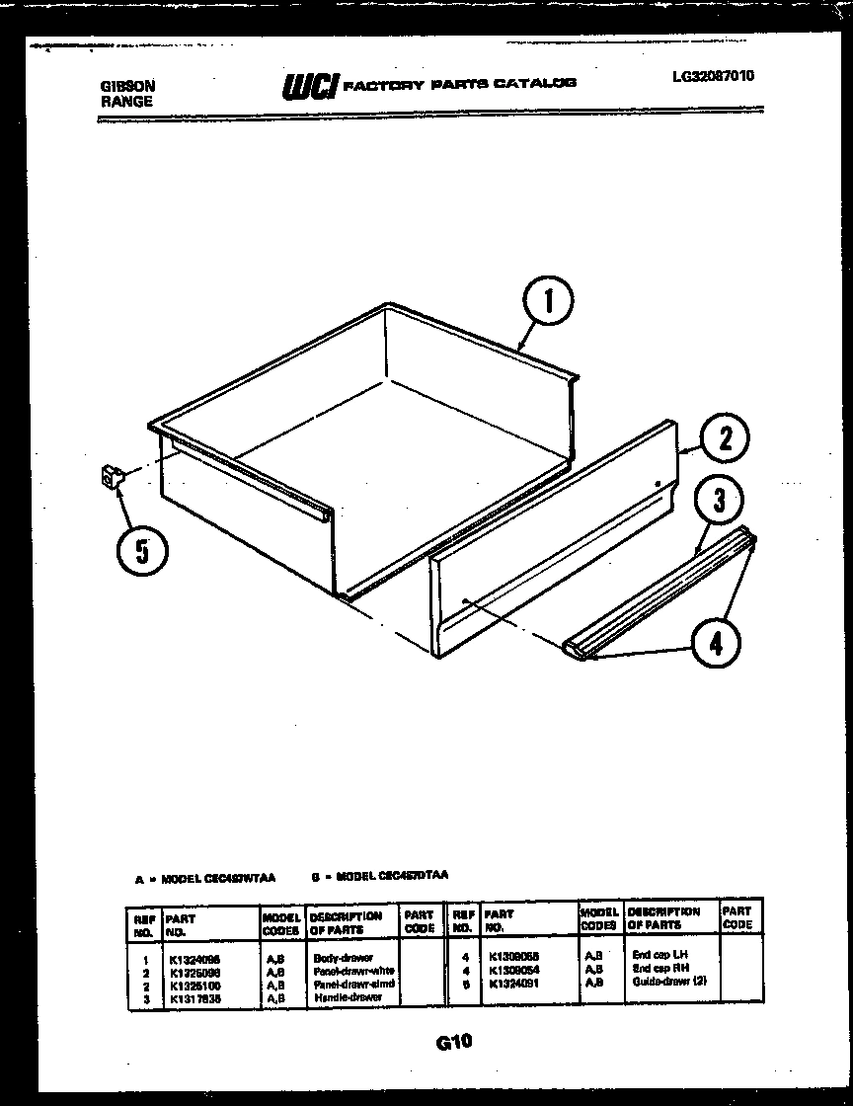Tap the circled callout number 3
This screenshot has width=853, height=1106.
[719, 501]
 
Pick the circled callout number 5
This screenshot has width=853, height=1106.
[142, 550]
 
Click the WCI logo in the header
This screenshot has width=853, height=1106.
[310, 87]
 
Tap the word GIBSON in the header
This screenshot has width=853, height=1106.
[127, 86]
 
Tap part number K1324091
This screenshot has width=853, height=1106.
[512, 983]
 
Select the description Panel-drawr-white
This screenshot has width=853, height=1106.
[352, 971]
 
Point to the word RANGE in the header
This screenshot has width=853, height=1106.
[125, 101]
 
